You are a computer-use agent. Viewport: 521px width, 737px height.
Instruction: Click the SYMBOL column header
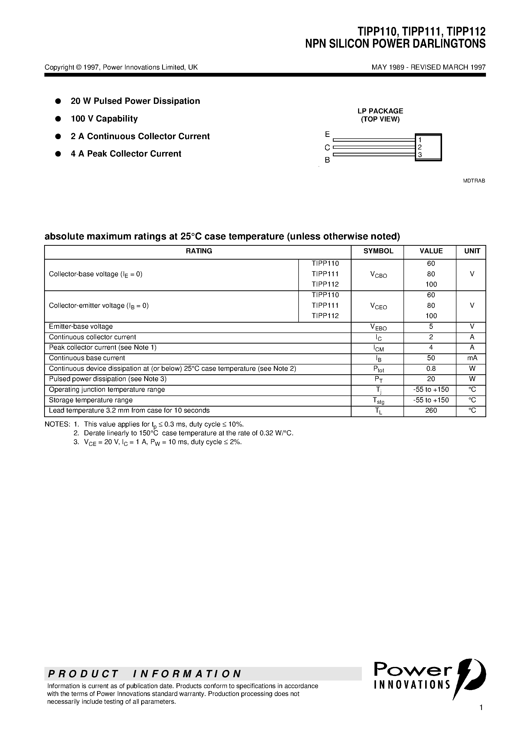coord(378,251)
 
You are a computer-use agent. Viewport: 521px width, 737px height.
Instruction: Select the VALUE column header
coord(431,251)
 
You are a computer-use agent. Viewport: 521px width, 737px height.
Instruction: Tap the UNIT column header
coord(472,251)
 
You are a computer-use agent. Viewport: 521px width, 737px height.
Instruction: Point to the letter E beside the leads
coord(327,134)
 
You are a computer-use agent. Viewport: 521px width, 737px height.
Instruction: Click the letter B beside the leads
coord(327,160)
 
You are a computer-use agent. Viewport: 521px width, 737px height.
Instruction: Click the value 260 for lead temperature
coord(431,410)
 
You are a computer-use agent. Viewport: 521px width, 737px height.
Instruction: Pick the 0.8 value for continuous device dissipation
coord(431,368)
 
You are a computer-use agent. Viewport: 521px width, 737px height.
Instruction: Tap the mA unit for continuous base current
coord(472,358)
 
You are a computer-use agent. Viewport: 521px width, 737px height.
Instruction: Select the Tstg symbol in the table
coord(378,401)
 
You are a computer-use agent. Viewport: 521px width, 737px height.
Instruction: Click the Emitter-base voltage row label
coord(81,326)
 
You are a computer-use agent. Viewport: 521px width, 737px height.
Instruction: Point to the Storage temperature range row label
coord(91,400)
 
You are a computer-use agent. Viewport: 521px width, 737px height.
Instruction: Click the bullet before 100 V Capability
coord(58,119)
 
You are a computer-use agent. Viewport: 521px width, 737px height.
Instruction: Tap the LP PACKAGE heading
coord(380,111)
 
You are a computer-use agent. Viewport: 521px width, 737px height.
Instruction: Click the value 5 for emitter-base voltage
coord(431,326)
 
